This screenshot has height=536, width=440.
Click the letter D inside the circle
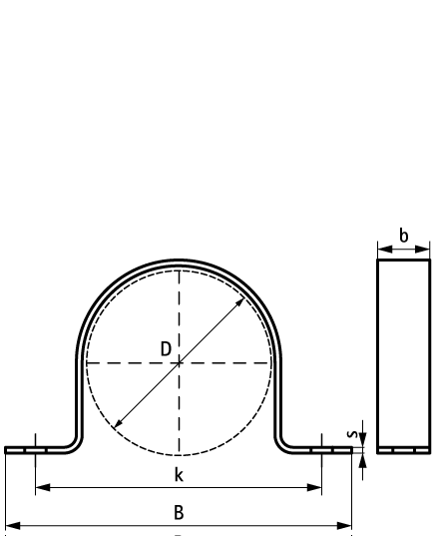pyautogui.click(x=166, y=349)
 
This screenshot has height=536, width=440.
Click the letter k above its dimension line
pyautogui.click(x=179, y=475)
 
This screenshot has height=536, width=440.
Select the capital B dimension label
pyautogui.click(x=179, y=512)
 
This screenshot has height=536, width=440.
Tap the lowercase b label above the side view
pyautogui.click(x=404, y=236)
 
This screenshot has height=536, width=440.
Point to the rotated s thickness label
pyautogui.click(x=352, y=434)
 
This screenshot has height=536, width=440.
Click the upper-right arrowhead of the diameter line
pyautogui.click(x=240, y=302)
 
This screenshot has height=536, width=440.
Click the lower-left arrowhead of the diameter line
pyautogui.click(x=118, y=424)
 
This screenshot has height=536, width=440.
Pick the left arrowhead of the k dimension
pyautogui.click(x=43, y=487)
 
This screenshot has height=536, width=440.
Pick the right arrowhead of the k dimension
pyautogui.click(x=314, y=487)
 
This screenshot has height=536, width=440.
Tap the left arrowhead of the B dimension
pyautogui.click(x=13, y=526)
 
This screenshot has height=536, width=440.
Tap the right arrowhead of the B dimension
pyautogui.click(x=344, y=526)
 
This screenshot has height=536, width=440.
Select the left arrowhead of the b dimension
pyautogui.click(x=385, y=250)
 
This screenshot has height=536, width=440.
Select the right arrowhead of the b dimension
pyautogui.click(x=422, y=250)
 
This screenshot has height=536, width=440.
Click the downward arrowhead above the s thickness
pyautogui.click(x=363, y=439)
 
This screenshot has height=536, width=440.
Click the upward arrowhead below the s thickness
pyautogui.click(x=363, y=461)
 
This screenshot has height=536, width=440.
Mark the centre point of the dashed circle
pyautogui.click(x=179, y=363)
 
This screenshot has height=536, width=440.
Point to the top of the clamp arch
pyautogui.click(x=179, y=262)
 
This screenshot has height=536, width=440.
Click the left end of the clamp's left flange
pyautogui.click(x=5, y=450)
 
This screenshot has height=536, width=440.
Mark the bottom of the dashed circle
pyautogui.click(x=179, y=455)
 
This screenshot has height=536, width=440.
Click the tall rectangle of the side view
pyautogui.click(x=377, y=356)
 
